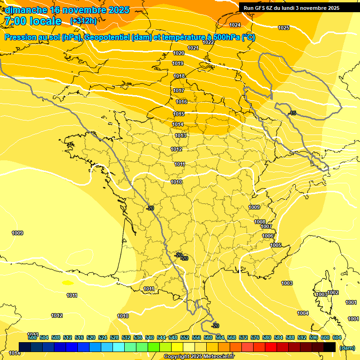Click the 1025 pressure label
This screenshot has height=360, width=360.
click(x=284, y=28)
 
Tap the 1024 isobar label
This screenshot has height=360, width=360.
click(x=235, y=25)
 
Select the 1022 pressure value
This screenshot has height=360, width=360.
click(x=208, y=42)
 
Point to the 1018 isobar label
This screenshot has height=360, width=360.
click(x=179, y=76)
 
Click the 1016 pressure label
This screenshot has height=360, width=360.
click(x=181, y=102)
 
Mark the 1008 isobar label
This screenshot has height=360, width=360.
click(x=260, y=222)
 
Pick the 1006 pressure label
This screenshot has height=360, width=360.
click(x=268, y=236)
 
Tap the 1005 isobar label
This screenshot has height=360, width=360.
click(x=276, y=245)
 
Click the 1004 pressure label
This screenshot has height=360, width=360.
click(x=303, y=313)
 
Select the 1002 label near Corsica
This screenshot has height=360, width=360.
click(x=333, y=292)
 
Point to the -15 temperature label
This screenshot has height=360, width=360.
click(x=292, y=113)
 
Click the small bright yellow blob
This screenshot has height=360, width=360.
click(x=68, y=283)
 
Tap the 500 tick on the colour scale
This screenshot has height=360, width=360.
click(x=32, y=337)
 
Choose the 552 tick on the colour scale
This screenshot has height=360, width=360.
click(x=185, y=337)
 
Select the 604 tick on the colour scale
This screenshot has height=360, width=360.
click(x=337, y=337)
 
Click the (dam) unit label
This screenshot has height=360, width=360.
click(x=347, y=348)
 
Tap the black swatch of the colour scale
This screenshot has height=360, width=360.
click(x=330, y=347)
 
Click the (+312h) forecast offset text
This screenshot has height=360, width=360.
click(x=83, y=21)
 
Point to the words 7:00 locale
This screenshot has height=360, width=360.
click(x=33, y=21)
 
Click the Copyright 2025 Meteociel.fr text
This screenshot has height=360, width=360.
click(x=198, y=357)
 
